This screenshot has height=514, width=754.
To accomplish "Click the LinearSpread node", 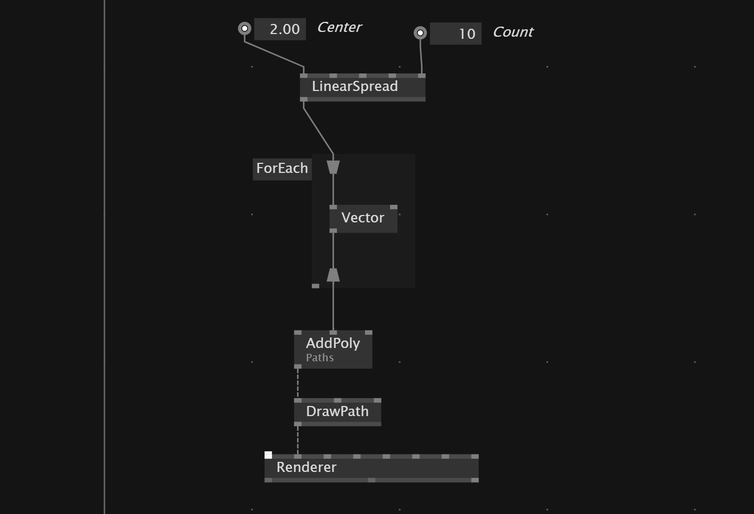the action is tap(355, 87).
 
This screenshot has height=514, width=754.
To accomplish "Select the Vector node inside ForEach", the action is tap(363, 218).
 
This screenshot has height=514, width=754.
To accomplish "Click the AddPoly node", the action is tap(333, 344).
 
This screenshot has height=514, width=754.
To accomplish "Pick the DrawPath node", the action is tap(337, 412).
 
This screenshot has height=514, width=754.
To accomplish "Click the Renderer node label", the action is tap(306, 468).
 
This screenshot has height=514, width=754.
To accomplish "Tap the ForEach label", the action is tap(282, 169).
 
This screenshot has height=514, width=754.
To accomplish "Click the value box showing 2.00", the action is tap(280, 29).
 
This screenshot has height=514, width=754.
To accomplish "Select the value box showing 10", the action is tap(455, 34).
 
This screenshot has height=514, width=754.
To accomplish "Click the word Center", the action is tap(339, 28).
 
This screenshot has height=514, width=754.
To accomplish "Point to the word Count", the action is tap(512, 32).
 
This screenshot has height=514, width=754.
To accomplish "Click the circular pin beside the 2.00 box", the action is tap(244, 28).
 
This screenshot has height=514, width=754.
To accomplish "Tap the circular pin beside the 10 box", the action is tap(420, 33).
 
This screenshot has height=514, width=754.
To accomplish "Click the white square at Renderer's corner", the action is tap(268, 455).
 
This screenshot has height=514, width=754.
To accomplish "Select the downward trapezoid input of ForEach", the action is tap(333, 168).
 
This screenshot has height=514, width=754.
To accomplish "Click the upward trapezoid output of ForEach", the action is tap(333, 275).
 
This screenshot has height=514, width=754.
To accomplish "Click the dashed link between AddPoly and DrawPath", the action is tap(298, 383).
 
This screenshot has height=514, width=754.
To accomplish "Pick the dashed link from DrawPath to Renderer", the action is tap(298, 440).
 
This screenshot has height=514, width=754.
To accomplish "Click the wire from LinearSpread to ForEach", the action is tap(318, 131).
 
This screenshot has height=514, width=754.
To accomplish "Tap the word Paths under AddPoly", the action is tap(320, 358).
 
